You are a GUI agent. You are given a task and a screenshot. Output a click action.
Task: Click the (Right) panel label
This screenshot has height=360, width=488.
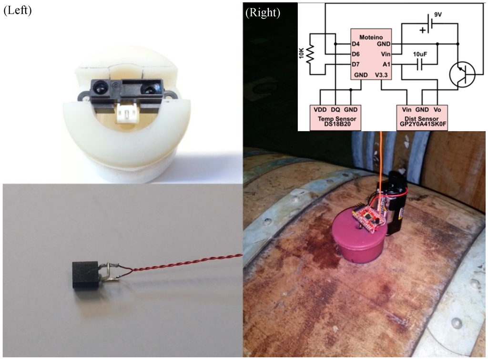tap(263, 13)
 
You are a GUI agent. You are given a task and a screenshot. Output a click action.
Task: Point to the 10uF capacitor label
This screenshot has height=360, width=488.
tap(419, 54)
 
